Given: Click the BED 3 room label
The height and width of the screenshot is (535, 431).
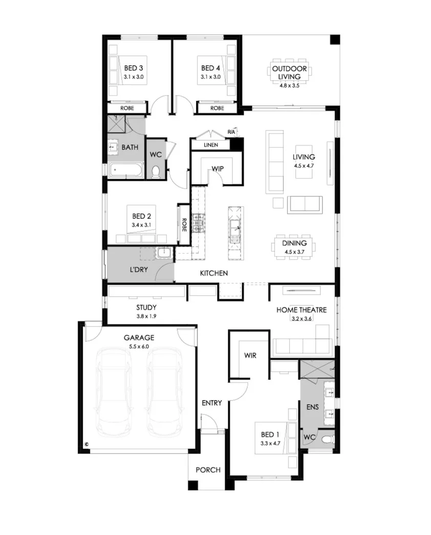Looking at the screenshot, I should pyautogui.click(x=133, y=68).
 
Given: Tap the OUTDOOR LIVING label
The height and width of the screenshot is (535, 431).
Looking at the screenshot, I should pyautogui.click(x=289, y=73).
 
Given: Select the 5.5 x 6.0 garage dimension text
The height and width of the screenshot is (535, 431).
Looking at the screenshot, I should pyautogui.click(x=139, y=347).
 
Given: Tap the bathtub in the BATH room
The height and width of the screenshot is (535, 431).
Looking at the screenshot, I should pyautogui.click(x=126, y=170).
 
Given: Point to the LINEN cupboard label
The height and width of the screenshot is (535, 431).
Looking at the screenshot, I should pyautogui.click(x=210, y=145).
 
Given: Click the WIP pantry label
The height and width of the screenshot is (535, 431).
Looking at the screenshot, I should pyautogui.click(x=218, y=168).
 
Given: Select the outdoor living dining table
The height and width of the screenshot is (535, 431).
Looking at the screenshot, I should pyautogui.click(x=290, y=73).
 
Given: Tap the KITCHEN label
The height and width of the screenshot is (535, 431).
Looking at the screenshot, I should pyautogui.click(x=214, y=274).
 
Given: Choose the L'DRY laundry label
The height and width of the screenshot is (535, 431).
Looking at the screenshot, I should pyautogui.click(x=138, y=269).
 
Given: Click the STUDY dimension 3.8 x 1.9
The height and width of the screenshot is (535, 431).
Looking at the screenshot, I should pyautogui.click(x=146, y=317).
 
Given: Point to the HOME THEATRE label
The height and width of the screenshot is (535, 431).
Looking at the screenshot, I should pyautogui.click(x=301, y=310).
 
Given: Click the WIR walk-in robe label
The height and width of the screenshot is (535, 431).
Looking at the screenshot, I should pyautogui.click(x=250, y=355).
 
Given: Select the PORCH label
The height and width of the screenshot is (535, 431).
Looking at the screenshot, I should pyautogui.click(x=208, y=470).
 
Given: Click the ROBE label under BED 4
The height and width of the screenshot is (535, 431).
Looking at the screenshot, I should pyautogui.click(x=217, y=108).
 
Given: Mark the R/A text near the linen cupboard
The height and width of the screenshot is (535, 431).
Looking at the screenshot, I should pyautogui.click(x=232, y=132).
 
